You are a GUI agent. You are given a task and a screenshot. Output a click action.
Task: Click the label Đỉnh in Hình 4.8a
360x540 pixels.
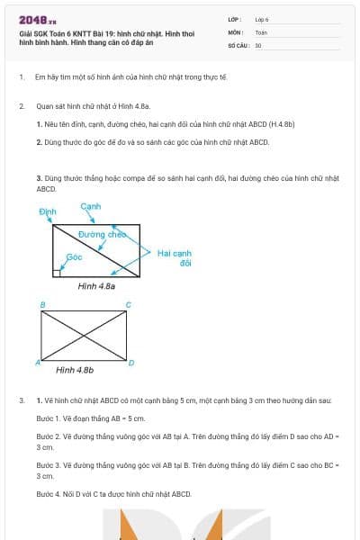click(x=47, y=211)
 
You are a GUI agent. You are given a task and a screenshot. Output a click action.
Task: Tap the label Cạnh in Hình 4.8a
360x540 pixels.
click(x=90, y=206)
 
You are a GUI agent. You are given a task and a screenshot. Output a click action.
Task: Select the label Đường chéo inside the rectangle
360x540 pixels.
click(x=101, y=234)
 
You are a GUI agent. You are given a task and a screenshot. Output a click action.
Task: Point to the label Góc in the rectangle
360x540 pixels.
click(x=75, y=256)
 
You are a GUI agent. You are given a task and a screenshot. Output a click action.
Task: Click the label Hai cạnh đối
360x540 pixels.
click(x=175, y=258)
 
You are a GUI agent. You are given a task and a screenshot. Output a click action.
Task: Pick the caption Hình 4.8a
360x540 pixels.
click(x=96, y=285)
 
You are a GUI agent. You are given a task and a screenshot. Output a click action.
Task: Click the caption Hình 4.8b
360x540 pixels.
click(x=75, y=370)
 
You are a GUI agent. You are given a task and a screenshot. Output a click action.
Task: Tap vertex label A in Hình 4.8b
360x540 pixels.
click(x=37, y=363)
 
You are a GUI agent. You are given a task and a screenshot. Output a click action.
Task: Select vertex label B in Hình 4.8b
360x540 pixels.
click(x=42, y=305)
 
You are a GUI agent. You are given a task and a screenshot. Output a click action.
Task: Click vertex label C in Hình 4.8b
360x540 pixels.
click(x=128, y=305)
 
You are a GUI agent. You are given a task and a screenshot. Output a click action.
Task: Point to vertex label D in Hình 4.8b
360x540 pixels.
click(x=131, y=363)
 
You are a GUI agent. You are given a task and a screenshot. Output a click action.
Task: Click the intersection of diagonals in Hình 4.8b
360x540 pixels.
click(x=85, y=336)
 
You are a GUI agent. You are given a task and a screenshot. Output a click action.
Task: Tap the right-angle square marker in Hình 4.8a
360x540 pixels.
click(x=57, y=271)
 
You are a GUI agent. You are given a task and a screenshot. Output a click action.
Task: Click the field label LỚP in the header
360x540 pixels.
click(x=235, y=19)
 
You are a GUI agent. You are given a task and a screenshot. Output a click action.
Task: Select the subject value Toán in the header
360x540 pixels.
click(x=261, y=31)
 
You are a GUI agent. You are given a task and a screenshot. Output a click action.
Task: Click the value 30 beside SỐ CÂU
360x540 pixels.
click(x=258, y=44)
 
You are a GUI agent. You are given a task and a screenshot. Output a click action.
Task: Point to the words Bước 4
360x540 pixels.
click(x=49, y=494)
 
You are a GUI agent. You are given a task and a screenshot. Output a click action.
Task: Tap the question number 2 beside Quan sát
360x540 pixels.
click(x=21, y=106)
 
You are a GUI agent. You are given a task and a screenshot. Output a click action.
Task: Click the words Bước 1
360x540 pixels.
click(x=49, y=418)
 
